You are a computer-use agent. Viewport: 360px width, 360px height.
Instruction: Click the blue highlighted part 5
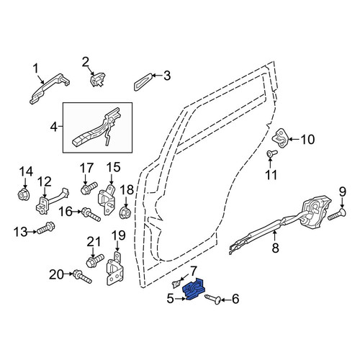(x=194, y=289)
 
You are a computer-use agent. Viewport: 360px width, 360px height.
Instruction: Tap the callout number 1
(x=36, y=68)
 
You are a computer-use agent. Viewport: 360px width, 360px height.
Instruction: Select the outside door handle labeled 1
(x=49, y=88)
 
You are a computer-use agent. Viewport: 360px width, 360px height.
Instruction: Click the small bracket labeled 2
(x=98, y=80)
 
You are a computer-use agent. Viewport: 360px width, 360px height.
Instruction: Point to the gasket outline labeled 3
(x=143, y=82)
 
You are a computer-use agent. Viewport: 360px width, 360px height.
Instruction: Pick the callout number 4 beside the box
(x=54, y=127)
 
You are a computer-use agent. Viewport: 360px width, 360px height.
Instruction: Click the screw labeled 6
(x=213, y=300)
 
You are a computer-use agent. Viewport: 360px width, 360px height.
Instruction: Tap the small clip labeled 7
(x=176, y=284)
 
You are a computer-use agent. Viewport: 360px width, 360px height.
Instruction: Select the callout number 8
(x=275, y=248)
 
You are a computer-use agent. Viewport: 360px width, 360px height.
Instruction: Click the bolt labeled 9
(x=337, y=214)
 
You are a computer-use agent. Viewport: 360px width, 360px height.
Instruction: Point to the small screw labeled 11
(x=272, y=153)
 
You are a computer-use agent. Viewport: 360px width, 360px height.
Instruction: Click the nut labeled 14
(x=24, y=194)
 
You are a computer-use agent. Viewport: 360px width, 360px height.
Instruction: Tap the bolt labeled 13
(x=45, y=228)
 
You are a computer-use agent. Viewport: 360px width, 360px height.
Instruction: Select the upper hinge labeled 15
(x=107, y=199)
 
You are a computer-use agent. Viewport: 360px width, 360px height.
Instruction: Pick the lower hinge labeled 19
(x=115, y=269)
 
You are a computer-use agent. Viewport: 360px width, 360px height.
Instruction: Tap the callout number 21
(x=93, y=242)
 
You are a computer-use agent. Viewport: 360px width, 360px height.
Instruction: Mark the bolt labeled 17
(x=89, y=188)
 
